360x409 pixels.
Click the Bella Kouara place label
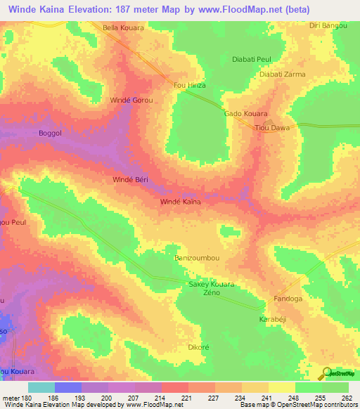pos(123,28)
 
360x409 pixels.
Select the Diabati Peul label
pos(252,60)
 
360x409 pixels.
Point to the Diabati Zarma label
pos(281,73)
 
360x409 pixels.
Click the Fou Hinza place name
pos(188,86)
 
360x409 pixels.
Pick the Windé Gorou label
pos(131,100)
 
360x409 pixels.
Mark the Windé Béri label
pos(131,181)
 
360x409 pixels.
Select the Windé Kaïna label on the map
pos(181,202)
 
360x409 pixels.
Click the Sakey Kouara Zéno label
pos(211,288)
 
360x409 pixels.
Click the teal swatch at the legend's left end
pos(41,387)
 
